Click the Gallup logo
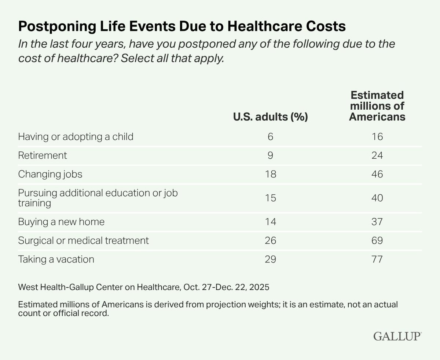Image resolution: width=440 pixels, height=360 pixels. (398, 337)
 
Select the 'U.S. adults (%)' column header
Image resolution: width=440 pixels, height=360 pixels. (270, 117)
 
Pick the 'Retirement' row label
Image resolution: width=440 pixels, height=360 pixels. (43, 155)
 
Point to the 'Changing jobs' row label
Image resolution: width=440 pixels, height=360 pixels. (50, 174)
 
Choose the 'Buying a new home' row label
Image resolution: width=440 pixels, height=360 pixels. (61, 222)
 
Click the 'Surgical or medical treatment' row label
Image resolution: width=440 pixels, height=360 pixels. (84, 240)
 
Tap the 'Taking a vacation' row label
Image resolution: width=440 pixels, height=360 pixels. (56, 259)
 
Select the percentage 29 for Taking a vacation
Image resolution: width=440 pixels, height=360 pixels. (271, 259)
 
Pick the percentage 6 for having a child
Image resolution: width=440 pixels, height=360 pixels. (271, 137)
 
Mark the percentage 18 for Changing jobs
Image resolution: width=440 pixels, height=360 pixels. (271, 174)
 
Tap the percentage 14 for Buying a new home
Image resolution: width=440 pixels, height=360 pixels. (271, 222)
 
